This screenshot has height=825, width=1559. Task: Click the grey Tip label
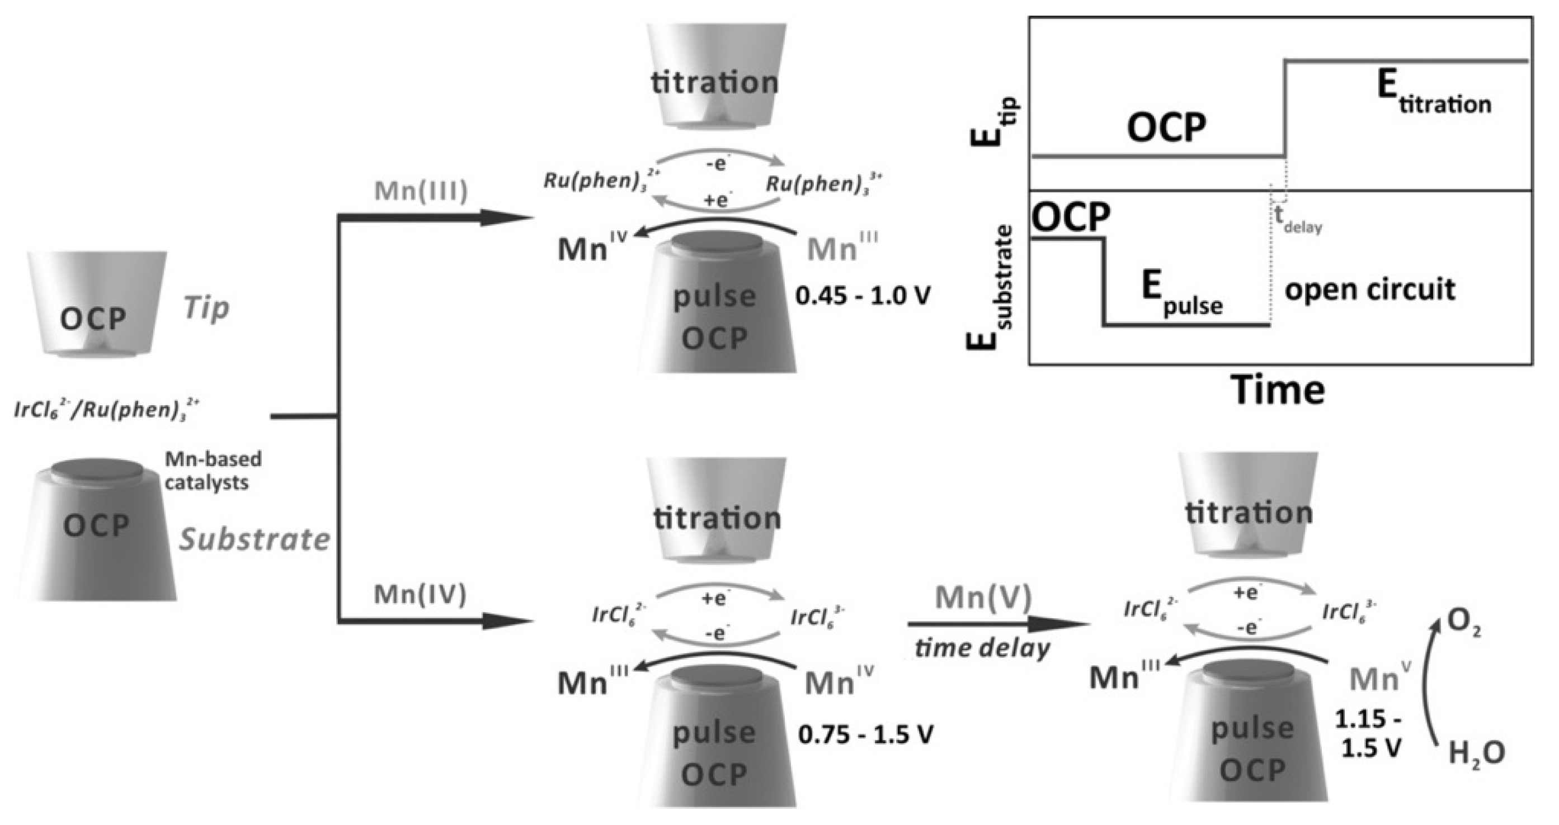[206, 309]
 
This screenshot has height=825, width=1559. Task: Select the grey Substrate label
[254, 539]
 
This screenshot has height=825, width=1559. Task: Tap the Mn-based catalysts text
[213, 471]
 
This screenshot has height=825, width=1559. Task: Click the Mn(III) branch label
[421, 191]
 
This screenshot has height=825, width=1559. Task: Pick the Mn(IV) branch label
[420, 595]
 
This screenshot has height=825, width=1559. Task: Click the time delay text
[982, 648]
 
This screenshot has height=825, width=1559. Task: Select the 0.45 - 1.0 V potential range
[863, 296]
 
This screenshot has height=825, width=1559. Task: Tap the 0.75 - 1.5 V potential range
[865, 734]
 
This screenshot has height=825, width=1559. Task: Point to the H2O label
[1476, 753]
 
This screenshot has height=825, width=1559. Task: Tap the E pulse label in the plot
[1181, 293]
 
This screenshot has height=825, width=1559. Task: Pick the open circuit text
[1369, 289]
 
